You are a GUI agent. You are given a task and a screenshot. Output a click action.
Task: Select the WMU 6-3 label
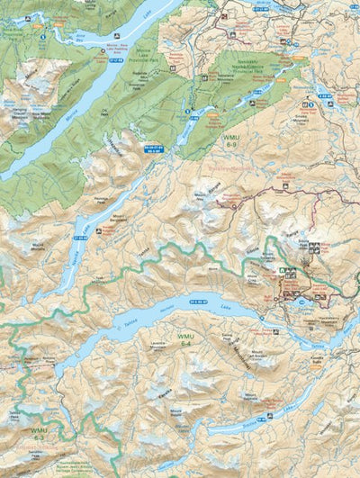(x=38, y=434)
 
